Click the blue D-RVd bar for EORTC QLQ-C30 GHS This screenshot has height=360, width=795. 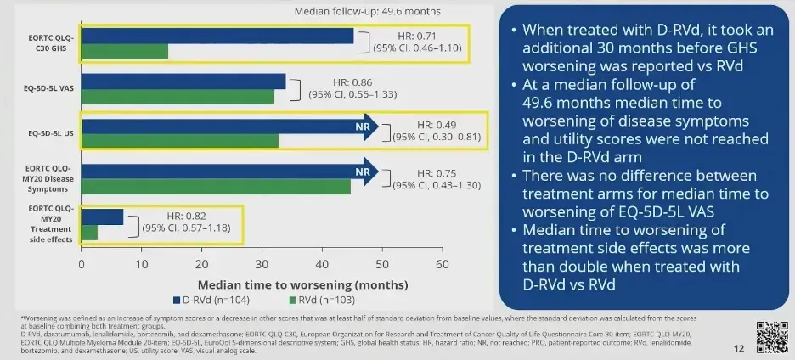click(217, 36)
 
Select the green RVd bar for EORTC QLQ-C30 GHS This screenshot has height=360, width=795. click(125, 51)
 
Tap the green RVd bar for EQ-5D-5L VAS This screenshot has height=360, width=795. click(178, 97)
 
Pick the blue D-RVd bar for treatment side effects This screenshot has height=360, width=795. click(102, 217)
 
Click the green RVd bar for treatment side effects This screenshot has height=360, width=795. click(89, 232)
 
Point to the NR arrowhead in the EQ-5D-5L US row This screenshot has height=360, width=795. click(364, 127)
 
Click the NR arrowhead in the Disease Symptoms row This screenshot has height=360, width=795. click(364, 172)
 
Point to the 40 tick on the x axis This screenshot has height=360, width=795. click(322, 264)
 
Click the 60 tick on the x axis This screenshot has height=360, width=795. click(442, 264)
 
